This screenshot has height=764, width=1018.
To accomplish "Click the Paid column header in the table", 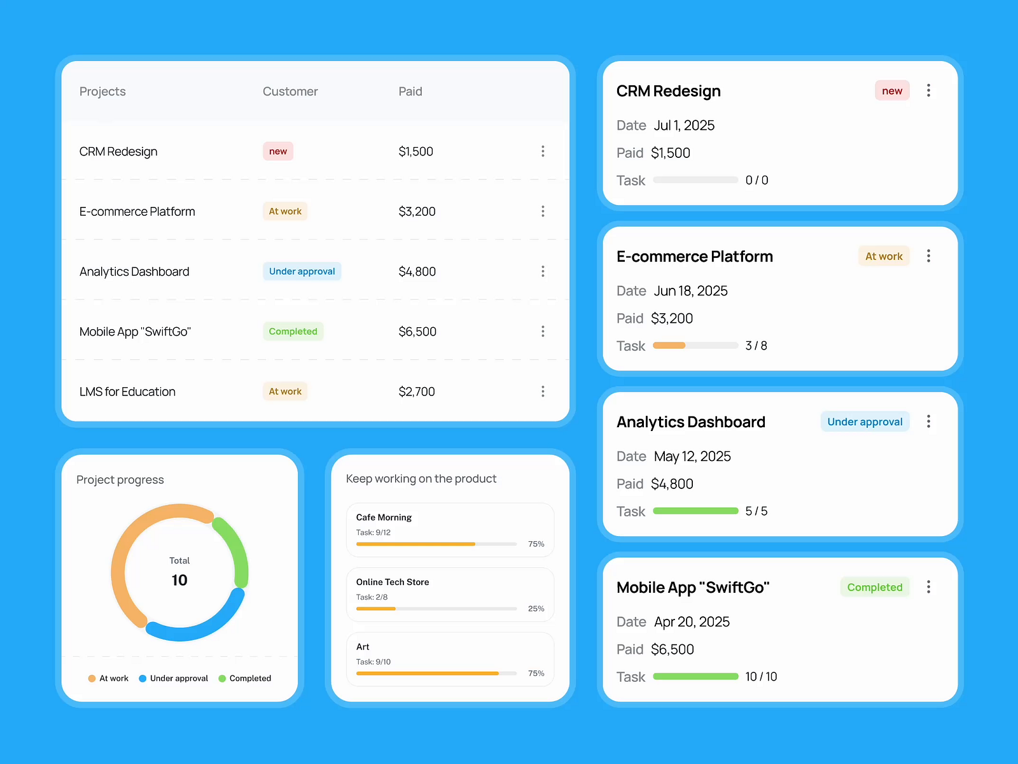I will [x=410, y=92].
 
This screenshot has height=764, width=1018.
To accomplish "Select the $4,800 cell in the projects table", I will [x=417, y=272].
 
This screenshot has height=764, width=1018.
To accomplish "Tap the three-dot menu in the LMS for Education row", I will [x=543, y=392].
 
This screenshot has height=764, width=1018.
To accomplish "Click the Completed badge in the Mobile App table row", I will [x=293, y=332].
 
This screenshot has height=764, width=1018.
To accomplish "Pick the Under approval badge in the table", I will [x=302, y=272].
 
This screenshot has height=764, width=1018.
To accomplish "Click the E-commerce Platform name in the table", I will [x=137, y=212].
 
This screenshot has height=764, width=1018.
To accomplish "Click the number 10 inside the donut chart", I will [x=179, y=581].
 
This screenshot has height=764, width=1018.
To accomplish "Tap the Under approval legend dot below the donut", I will [x=143, y=679].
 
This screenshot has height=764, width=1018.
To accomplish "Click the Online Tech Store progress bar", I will [x=436, y=609].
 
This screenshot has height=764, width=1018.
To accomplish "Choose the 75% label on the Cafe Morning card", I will [x=536, y=544].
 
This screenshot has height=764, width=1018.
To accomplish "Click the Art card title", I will [x=363, y=647].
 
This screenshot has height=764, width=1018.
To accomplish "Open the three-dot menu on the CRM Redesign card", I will [x=928, y=90].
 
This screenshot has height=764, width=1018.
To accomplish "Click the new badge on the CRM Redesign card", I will [x=892, y=91].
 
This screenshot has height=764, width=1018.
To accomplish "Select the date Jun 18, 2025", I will [x=690, y=291].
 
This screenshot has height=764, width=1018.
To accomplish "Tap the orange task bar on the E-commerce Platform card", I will [x=669, y=346].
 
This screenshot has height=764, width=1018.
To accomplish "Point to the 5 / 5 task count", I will [x=756, y=511].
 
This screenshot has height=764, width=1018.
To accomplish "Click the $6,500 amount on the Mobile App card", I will [x=672, y=649].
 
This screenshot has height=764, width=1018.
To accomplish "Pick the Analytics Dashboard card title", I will [x=690, y=422].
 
